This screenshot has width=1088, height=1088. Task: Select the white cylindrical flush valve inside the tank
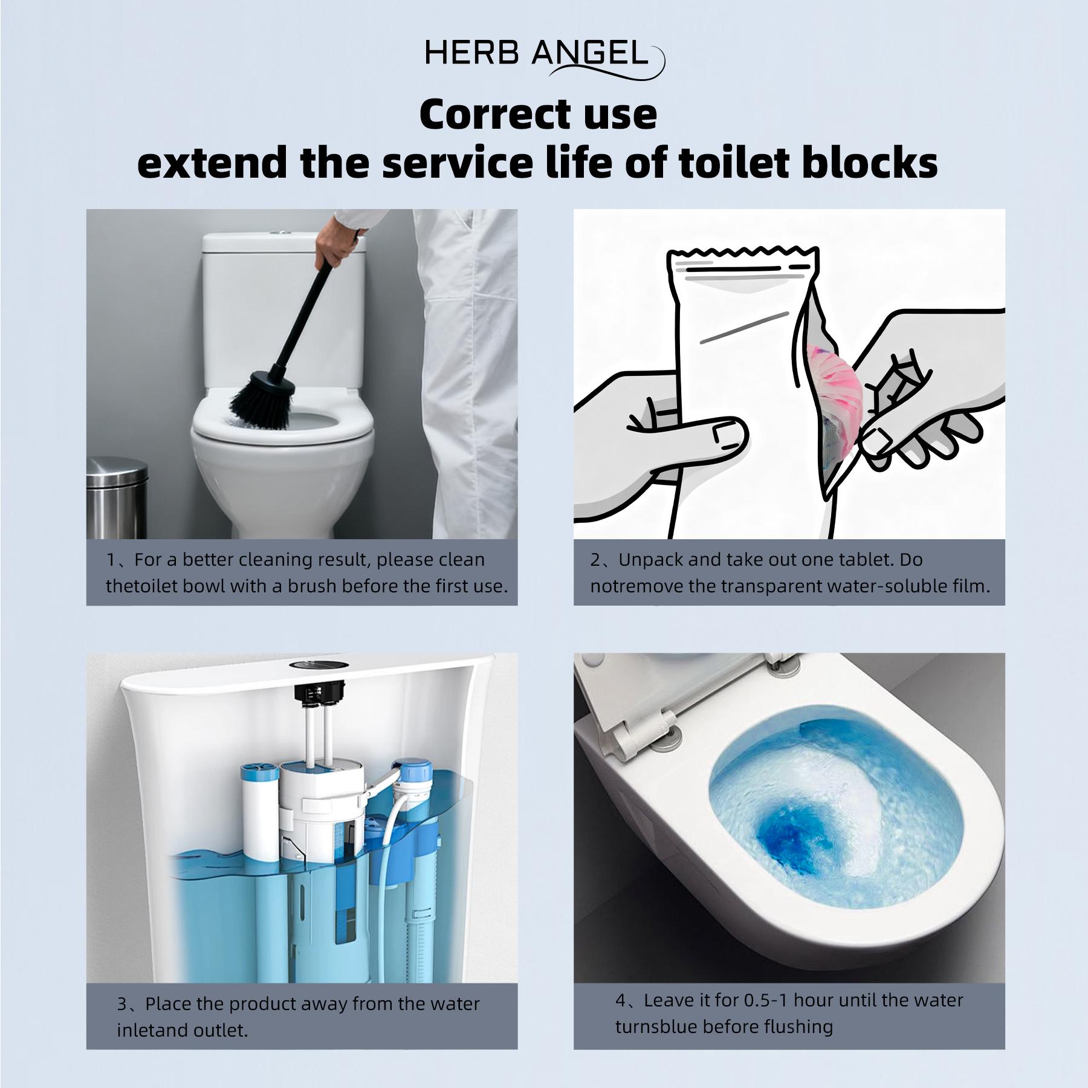[x=320, y=810]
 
